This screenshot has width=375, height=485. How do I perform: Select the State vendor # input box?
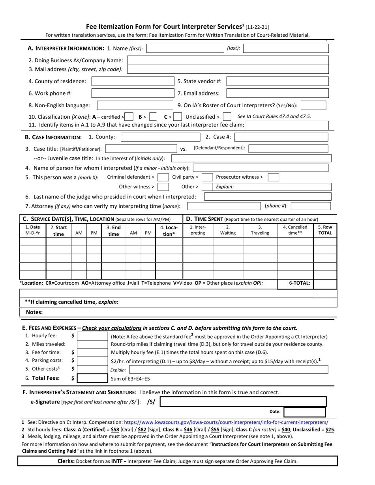pyautogui.click(x=277, y=82)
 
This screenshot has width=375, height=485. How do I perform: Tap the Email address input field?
pyautogui.click(x=277, y=93)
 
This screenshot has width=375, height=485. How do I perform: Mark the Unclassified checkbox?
pyautogui.click(x=227, y=117)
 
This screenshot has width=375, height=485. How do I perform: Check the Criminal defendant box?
pyautogui.click(x=163, y=177)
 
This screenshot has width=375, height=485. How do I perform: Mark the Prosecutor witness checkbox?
pyautogui.click(x=273, y=177)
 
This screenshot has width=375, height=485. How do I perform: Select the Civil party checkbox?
pyautogui.click(x=207, y=177)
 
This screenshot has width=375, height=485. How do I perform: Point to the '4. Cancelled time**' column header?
pyautogui.click(x=295, y=230)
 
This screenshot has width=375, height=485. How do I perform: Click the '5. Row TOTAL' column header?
pyautogui.click(x=325, y=230)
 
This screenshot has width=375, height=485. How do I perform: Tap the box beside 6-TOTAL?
pyautogui.click(x=325, y=283)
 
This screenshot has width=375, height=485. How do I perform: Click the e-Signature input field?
pyautogui.click(x=243, y=402)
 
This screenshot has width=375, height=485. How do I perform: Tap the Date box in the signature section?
pyautogui.click(x=304, y=412)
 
